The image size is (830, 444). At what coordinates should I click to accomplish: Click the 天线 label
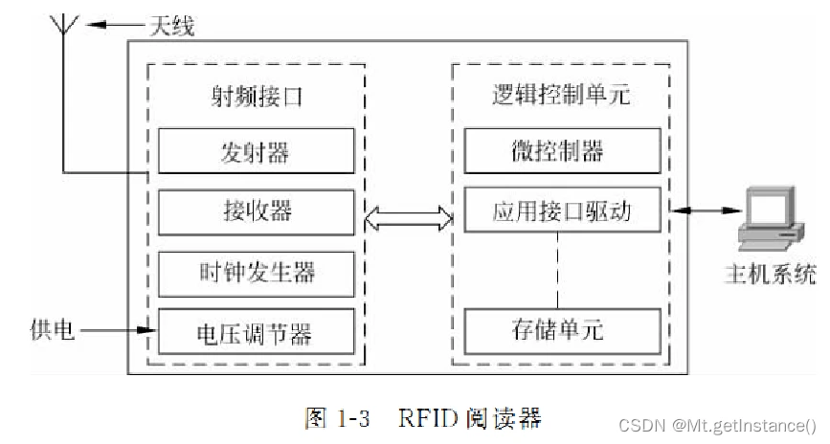click(x=170, y=26)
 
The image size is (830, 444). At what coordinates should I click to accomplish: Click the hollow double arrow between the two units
click(x=409, y=219)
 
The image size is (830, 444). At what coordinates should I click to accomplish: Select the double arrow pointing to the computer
click(x=707, y=210)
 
